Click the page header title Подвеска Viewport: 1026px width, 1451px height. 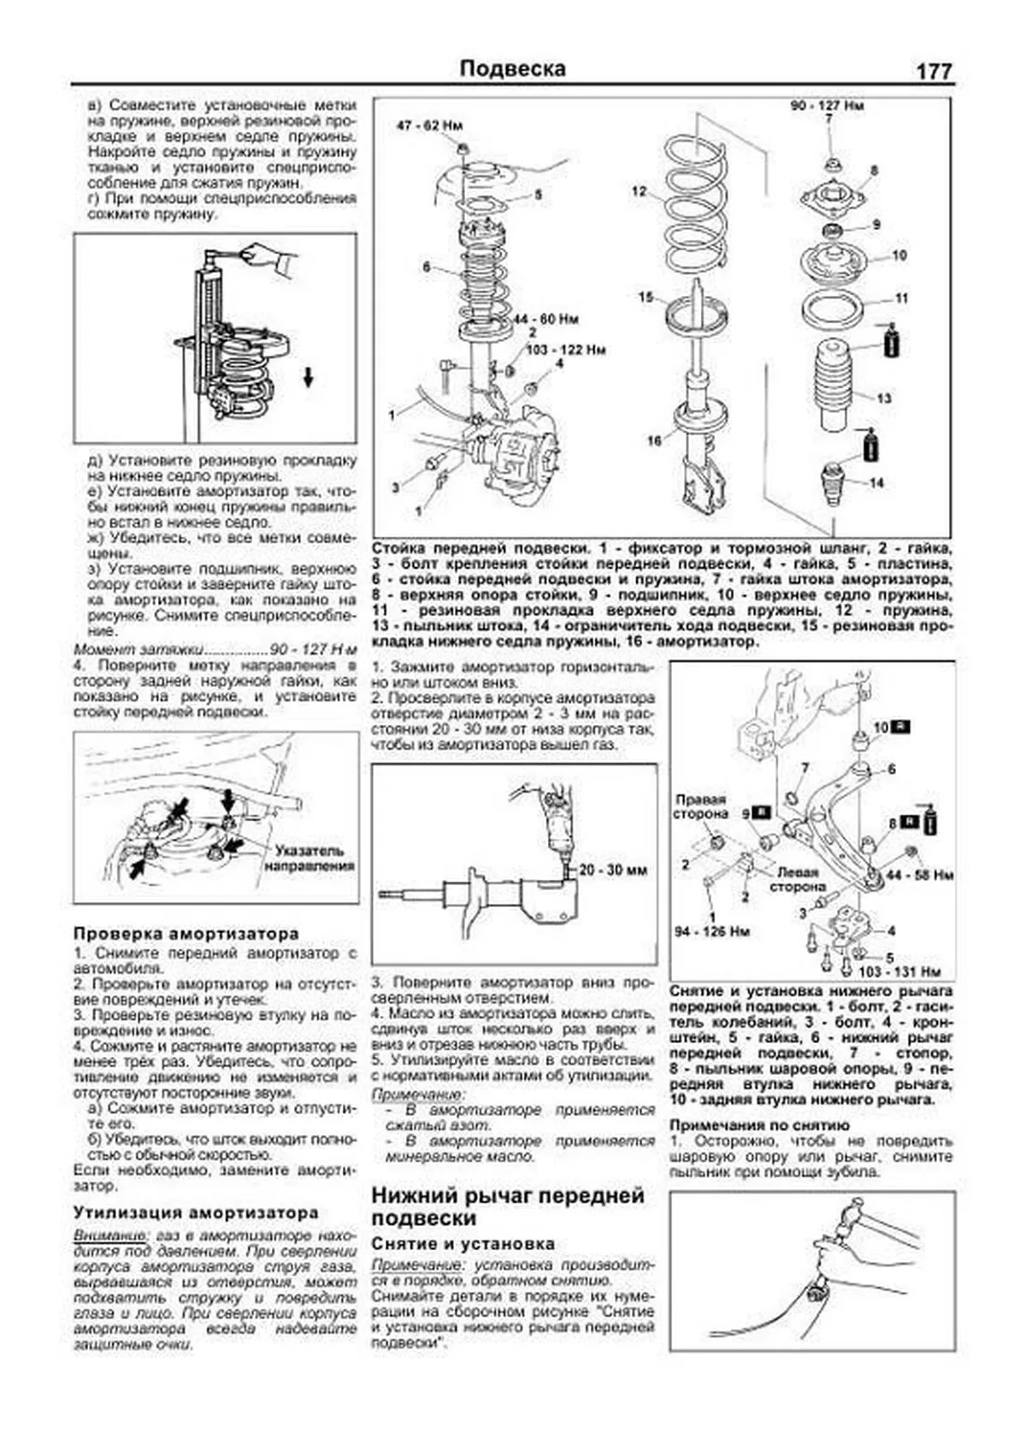512,68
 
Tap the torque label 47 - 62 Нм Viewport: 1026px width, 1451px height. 430,126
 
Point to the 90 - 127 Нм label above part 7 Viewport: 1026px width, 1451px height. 827,106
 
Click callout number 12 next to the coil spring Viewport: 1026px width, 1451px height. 640,192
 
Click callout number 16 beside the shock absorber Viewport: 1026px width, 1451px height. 654,440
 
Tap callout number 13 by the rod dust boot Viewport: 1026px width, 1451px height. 884,398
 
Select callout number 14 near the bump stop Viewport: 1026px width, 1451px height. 876,483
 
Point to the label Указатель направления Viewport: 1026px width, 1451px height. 310,858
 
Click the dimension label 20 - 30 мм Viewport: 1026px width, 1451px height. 613,870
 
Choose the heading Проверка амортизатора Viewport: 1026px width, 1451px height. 186,933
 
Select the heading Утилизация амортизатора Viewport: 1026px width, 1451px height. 195,1212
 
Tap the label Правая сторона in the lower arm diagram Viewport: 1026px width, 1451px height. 700,807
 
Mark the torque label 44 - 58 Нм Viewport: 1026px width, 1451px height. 921,875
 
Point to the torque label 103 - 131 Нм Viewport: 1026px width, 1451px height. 899,971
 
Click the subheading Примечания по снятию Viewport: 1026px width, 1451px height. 759,1125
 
